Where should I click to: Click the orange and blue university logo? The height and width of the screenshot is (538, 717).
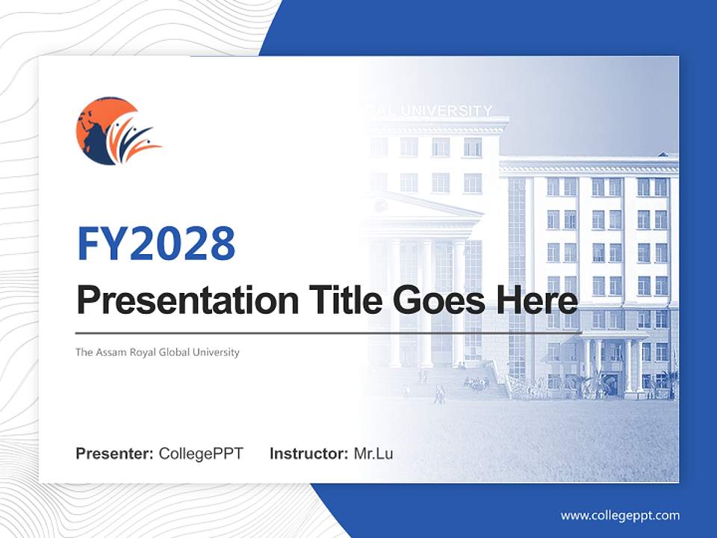click(118, 131)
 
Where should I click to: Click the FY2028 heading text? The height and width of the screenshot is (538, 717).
click(156, 244)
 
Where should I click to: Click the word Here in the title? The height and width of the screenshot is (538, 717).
click(533, 300)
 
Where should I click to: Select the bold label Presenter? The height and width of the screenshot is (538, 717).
click(115, 454)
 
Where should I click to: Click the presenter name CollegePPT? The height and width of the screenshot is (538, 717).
click(201, 454)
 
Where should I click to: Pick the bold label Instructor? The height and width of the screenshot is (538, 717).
click(308, 454)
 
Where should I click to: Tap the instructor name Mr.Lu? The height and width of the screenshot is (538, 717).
click(373, 454)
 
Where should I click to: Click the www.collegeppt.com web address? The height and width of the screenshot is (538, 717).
click(620, 516)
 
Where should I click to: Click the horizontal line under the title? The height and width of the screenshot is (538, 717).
click(329, 333)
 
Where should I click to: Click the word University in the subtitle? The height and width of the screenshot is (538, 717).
click(217, 352)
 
